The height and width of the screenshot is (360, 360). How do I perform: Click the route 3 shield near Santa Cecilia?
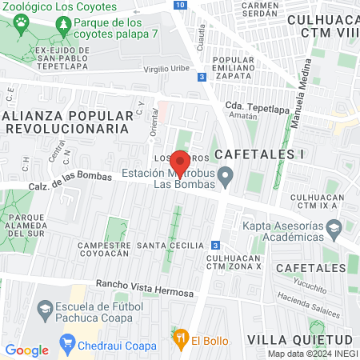coord(215,245)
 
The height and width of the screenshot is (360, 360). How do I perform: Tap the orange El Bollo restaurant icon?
coord(181,339)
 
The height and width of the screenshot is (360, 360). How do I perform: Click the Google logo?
coord(27,350)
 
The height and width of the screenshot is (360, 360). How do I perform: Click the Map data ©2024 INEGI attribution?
coord(313,354)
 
